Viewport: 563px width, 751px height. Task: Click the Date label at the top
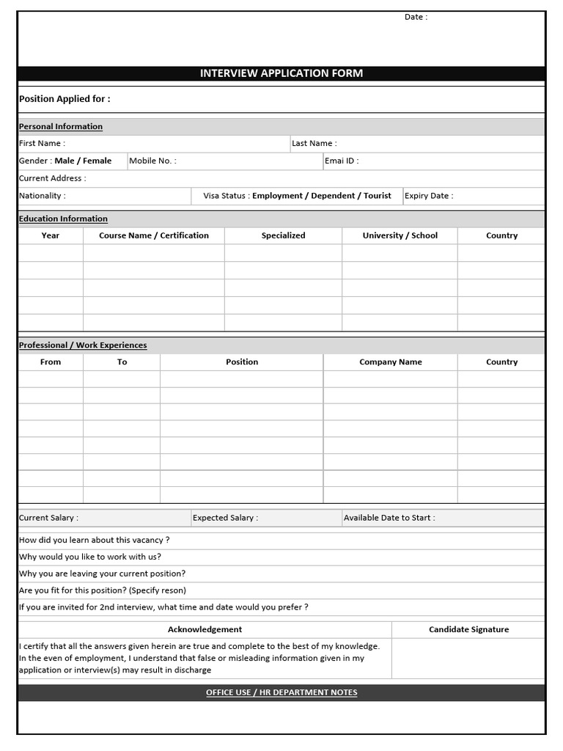416,17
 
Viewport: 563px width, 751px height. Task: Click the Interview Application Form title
281,73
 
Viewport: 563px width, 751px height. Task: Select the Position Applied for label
65,99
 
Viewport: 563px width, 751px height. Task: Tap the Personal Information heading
61,127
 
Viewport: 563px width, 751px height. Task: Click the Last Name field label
314,144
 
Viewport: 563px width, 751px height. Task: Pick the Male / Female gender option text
84,161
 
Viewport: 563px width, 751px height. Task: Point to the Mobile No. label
152,161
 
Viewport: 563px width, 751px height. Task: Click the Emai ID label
342,161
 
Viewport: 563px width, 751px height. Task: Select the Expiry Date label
429,196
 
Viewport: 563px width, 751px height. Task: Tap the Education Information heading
63,219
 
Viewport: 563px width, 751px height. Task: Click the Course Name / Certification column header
154,235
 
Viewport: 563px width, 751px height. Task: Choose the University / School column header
400,235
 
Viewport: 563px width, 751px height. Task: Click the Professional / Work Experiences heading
83,345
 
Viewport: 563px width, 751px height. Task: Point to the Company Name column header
391,362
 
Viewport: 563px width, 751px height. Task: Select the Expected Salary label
225,518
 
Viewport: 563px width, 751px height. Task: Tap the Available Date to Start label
389,518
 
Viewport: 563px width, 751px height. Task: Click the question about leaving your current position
102,574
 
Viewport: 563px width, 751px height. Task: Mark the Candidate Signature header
468,629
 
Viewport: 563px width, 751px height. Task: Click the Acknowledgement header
205,629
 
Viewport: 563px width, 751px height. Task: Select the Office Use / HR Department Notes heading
281,693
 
